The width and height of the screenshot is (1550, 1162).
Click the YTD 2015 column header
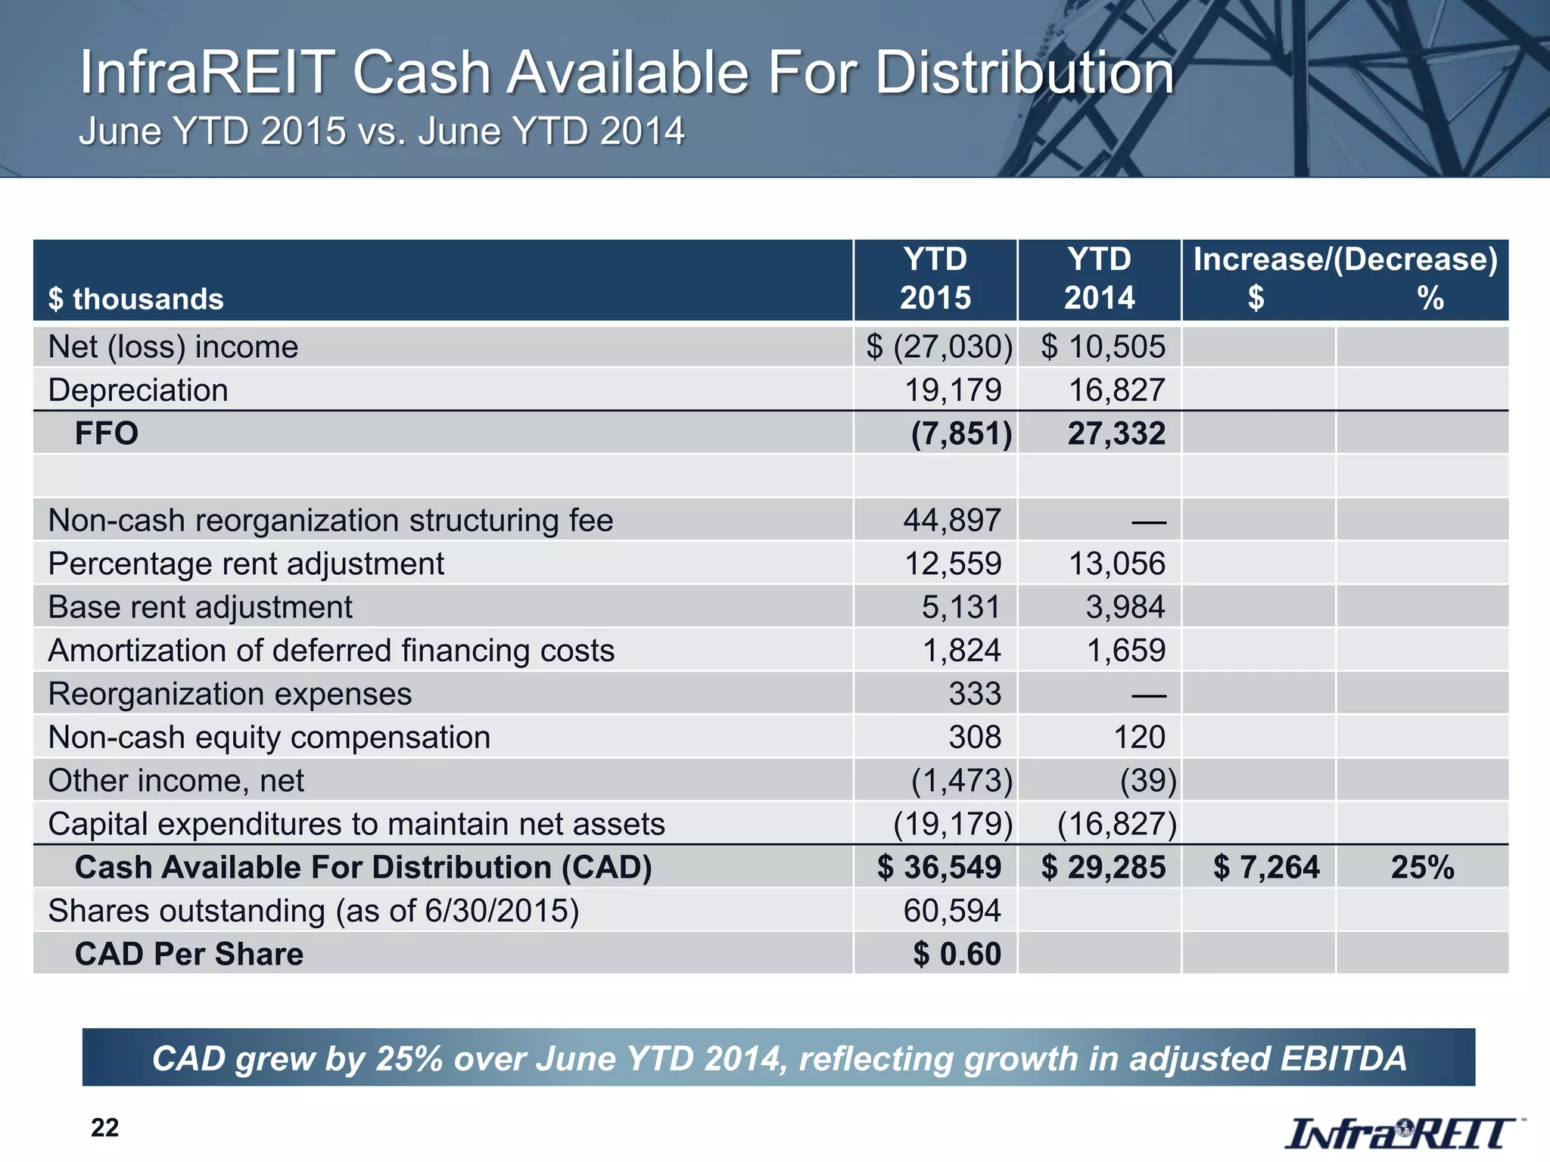click(935, 279)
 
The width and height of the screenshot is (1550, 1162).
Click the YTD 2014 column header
click(1099, 279)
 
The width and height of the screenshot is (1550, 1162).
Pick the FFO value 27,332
click(1116, 433)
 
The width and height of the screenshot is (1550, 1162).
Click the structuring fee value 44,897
click(952, 520)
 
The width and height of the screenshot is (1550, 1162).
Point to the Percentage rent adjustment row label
click(246, 564)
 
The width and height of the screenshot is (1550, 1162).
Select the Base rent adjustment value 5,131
click(960, 607)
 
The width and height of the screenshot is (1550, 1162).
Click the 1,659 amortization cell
click(1125, 651)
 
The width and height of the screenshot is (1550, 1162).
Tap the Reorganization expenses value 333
click(975, 694)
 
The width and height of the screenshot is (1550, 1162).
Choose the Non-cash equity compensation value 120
click(1139, 737)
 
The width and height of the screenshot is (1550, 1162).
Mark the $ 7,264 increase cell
click(1266, 867)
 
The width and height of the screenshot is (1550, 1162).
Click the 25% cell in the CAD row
click(1422, 867)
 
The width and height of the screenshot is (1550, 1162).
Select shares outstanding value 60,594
click(952, 911)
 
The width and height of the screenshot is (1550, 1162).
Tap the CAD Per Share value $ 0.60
click(957, 954)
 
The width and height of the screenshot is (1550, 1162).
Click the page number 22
click(104, 1128)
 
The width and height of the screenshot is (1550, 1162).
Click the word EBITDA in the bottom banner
click(1343, 1058)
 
